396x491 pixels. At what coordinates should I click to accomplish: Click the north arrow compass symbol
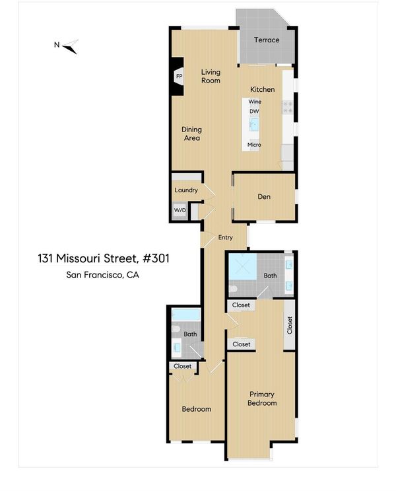[x=70, y=48]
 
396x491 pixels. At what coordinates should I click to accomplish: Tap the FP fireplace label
[x=180, y=77]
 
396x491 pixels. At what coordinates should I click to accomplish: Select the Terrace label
[x=267, y=40]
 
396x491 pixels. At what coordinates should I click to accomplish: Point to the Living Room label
[x=211, y=76]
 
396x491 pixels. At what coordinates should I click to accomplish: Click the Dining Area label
[x=191, y=133]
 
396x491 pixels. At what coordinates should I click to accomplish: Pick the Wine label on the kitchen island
[x=255, y=102]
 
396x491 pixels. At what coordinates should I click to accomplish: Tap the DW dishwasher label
[x=254, y=111]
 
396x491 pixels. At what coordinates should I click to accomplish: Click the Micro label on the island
[x=254, y=145]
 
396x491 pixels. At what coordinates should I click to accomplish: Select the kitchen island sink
[x=254, y=124]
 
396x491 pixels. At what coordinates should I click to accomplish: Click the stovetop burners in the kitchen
[x=288, y=107]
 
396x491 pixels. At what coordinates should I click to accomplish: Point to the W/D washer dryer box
[x=180, y=210]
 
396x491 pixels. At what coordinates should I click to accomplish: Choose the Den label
[x=264, y=197]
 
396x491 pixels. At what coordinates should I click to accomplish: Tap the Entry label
[x=225, y=237]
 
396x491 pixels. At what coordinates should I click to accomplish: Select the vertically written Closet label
[x=290, y=325]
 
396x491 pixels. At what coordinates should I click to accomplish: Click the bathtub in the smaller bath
[x=186, y=315]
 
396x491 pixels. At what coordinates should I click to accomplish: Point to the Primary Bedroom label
[x=262, y=398]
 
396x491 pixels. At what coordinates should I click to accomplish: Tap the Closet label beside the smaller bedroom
[x=182, y=366]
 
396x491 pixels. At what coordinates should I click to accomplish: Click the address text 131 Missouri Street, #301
[x=104, y=258]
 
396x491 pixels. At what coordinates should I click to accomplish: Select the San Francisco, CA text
[x=102, y=275]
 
